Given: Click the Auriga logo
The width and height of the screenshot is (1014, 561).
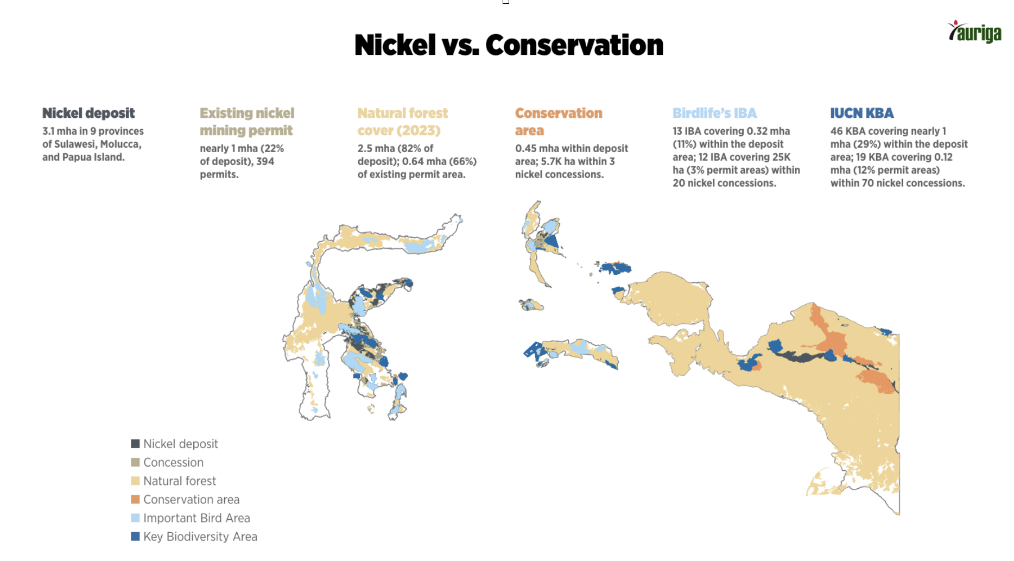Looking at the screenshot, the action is tap(974, 32).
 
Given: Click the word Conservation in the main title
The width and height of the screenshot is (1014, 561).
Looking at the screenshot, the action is tap(574, 45).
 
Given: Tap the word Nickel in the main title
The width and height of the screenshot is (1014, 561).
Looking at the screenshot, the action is tap(395, 45).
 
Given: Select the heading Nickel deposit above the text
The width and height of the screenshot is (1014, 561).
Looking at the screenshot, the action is tap(88, 113).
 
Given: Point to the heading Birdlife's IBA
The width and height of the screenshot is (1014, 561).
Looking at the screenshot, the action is tap(714, 113).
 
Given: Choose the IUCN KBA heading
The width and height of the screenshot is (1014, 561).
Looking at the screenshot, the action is tap(861, 113).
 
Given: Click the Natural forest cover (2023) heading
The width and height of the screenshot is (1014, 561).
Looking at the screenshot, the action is tap(403, 122).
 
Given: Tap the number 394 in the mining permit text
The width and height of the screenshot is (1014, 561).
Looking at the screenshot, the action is tap(265, 161).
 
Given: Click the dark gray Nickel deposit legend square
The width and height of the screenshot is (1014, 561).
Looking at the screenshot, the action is tap(135, 444).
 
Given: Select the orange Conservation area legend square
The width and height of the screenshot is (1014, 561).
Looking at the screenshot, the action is tap(135, 499).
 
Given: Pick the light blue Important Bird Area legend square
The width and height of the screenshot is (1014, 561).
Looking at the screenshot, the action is tap(135, 518).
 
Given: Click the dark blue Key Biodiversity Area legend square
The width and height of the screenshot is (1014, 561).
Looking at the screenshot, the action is tap(135, 536).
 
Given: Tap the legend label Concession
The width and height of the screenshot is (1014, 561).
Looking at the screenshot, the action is tap(173, 462).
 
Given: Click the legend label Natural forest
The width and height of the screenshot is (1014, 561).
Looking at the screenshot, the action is tap(180, 481).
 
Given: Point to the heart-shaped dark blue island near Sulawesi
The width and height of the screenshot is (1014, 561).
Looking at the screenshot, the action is tap(403, 376).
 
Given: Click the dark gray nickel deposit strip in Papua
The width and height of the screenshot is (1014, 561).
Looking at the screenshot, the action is tap(798, 356).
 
